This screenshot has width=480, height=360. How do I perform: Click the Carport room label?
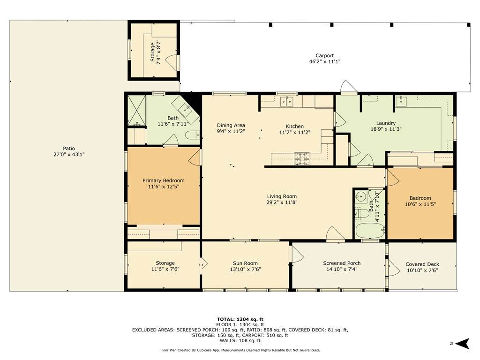tap(324, 55)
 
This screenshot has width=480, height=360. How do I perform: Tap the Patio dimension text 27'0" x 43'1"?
tap(69, 155)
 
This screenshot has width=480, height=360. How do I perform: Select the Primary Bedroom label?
tap(164, 180)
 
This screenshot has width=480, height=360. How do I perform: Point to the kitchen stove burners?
tap(302, 158)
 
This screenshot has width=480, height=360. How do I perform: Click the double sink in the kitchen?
tap(286, 101)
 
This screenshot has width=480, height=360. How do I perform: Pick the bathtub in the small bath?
tap(370, 231)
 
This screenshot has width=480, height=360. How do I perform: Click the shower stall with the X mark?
tap(136, 111)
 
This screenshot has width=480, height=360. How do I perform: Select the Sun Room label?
tap(245, 263)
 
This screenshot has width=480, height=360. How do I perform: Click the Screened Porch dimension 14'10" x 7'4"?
tap(342, 270)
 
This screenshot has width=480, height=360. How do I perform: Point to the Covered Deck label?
tap(422, 264)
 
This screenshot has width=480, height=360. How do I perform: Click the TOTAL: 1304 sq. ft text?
tap(240, 319)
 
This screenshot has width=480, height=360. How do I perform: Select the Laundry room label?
tap(386, 123)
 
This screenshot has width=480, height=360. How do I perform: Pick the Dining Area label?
tap(231, 125)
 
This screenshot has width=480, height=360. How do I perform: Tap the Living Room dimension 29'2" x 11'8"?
tap(282, 202)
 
